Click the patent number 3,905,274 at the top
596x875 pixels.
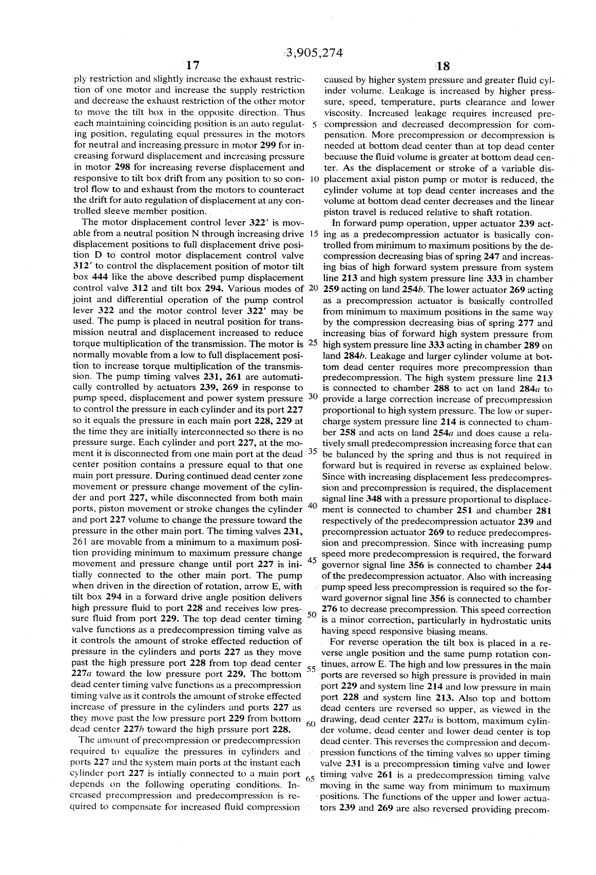point(313,53)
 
